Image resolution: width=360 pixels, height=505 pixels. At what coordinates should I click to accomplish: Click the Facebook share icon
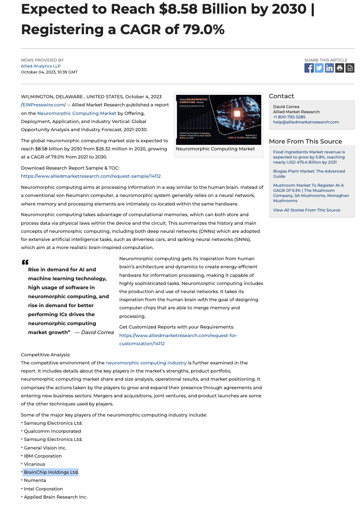[309, 68]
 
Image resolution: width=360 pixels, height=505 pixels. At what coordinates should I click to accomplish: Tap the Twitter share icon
[319, 68]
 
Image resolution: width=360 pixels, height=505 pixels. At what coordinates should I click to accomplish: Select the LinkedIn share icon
[329, 68]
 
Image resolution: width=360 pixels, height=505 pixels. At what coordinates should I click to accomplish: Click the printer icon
[339, 68]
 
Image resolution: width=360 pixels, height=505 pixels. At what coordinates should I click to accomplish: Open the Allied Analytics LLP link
[41, 66]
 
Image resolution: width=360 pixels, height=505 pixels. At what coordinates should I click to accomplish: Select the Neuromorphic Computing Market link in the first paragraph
[77, 113]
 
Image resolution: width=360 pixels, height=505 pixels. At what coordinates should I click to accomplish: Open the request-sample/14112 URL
[91, 176]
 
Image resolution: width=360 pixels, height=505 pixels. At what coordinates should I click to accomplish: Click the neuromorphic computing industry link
[146, 363]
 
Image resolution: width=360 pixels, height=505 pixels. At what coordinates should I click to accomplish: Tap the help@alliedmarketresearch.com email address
[306, 122]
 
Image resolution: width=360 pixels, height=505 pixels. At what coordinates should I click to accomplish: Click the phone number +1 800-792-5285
[289, 117]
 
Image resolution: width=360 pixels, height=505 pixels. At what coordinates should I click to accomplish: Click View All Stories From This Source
[307, 210]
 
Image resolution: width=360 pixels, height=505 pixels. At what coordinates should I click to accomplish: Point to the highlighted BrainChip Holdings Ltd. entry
[51, 472]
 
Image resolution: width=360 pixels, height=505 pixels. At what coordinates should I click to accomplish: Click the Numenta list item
[35, 481]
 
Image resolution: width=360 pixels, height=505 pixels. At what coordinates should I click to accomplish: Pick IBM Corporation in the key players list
[43, 456]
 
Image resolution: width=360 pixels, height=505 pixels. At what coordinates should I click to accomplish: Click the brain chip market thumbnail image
[218, 120]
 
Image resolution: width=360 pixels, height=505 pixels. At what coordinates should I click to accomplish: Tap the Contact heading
[281, 96]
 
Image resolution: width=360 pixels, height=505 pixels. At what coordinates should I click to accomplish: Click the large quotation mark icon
[25, 262]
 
